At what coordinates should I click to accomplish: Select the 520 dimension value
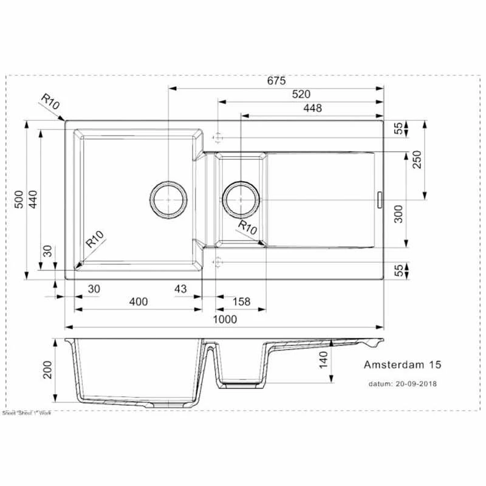point(301,94)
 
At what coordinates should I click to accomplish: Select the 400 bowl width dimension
point(139,302)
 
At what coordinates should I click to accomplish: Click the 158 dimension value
point(242,302)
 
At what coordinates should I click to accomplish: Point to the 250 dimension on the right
point(417,160)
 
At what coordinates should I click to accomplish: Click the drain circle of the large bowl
point(168,199)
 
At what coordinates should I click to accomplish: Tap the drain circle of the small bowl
point(241,199)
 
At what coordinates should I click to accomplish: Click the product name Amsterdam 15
point(402,365)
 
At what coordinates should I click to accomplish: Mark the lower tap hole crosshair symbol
point(218,262)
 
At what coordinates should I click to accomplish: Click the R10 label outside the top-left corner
point(52,101)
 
